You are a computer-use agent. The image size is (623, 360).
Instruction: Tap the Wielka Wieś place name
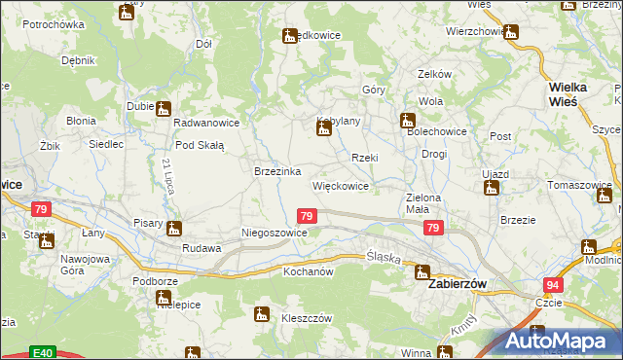tap(572, 93)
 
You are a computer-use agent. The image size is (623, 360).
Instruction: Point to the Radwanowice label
tap(206, 125)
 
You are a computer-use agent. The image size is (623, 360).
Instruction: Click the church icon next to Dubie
tap(163, 109)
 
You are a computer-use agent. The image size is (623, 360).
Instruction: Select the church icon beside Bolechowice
tap(407, 122)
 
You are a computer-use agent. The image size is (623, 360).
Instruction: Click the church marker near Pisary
tap(174, 230)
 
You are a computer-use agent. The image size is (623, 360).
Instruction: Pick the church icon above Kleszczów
tap(261, 314)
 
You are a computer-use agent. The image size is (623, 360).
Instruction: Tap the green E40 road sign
tap(41, 352)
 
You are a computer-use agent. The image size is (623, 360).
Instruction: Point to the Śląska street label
tap(384, 256)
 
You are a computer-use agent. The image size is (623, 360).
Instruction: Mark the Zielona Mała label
tap(425, 202)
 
